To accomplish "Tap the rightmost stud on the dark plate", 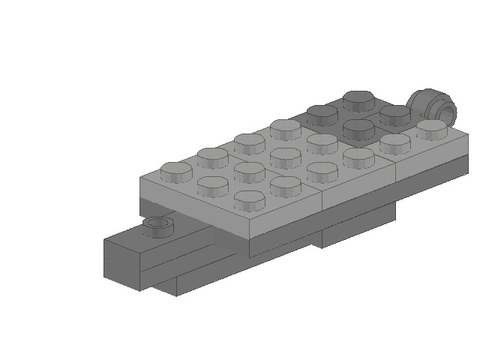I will point(394,113).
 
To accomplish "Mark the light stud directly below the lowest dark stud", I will point(358,155).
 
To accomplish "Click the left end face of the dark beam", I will point(121,259).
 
